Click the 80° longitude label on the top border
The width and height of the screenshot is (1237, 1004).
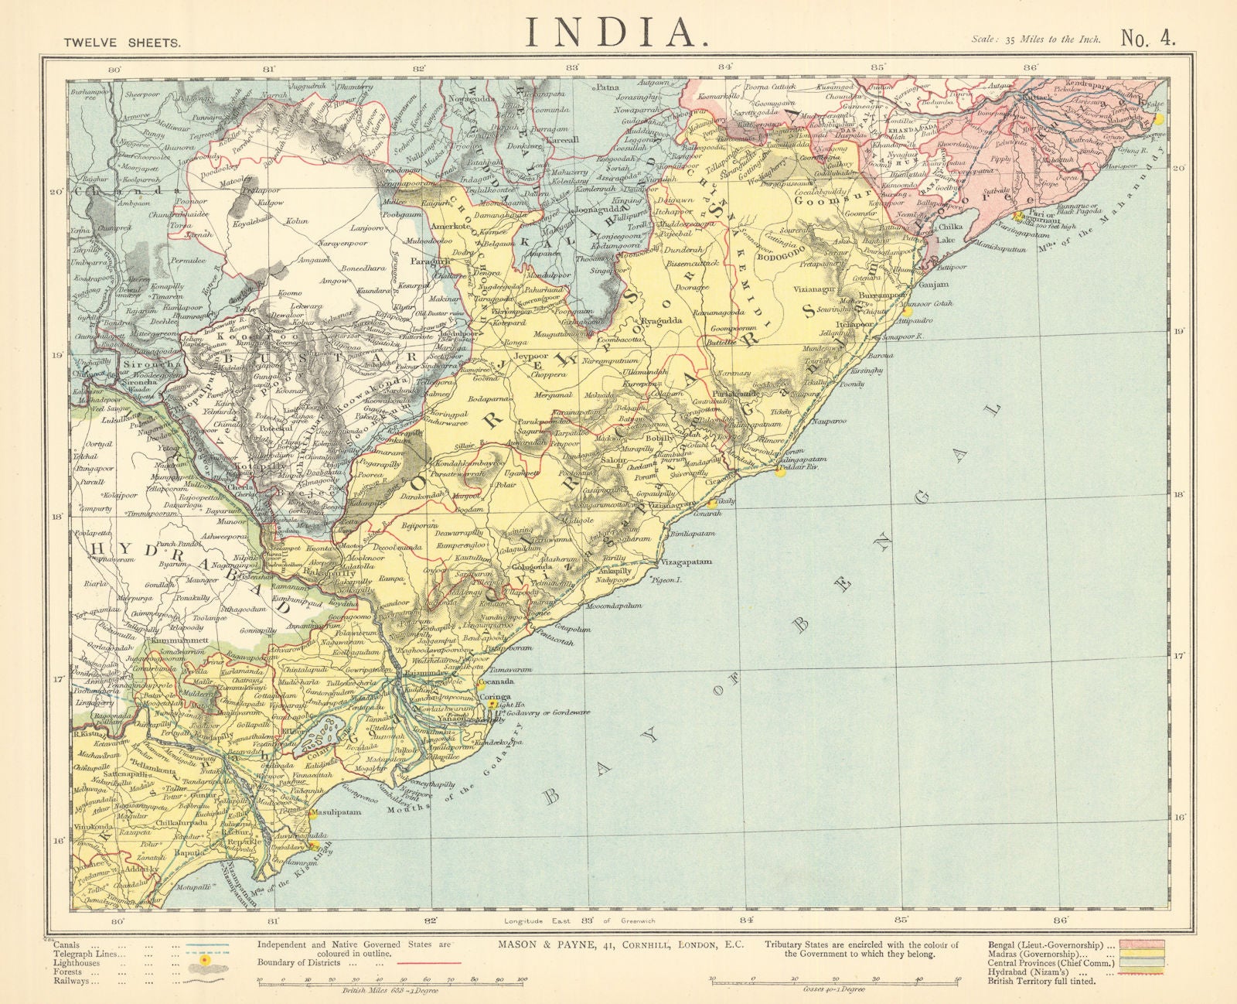click(114, 70)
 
